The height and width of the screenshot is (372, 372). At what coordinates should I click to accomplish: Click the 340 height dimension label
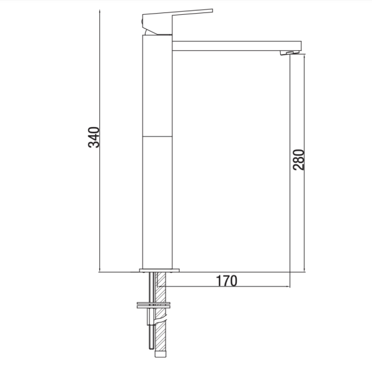click(x=94, y=137)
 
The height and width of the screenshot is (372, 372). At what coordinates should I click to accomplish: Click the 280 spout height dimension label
click(x=298, y=159)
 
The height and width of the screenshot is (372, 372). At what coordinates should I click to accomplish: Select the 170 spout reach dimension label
click(x=226, y=280)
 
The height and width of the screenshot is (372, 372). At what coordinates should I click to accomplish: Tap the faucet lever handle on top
click(x=180, y=14)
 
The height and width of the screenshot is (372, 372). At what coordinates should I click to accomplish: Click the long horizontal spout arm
click(x=236, y=46)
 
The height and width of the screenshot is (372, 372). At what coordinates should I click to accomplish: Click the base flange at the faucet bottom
click(x=159, y=270)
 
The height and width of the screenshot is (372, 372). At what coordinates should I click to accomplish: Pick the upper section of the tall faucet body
click(x=157, y=87)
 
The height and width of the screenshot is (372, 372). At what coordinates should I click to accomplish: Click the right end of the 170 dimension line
click(x=290, y=286)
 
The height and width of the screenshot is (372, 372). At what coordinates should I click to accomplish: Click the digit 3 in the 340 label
click(x=94, y=144)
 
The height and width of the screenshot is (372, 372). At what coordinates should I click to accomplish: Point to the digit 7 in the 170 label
click(x=226, y=280)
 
